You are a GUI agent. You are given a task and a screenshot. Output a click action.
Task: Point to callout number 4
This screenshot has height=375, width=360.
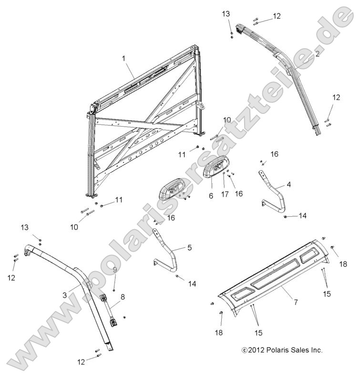tap(288, 183)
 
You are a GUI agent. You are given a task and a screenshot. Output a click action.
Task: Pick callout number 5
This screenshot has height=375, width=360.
tap(189, 247)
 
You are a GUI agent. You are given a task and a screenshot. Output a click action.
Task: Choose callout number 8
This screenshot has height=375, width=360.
tap(123, 297)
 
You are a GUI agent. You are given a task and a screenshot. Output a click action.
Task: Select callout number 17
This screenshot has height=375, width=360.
tap(224, 194)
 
